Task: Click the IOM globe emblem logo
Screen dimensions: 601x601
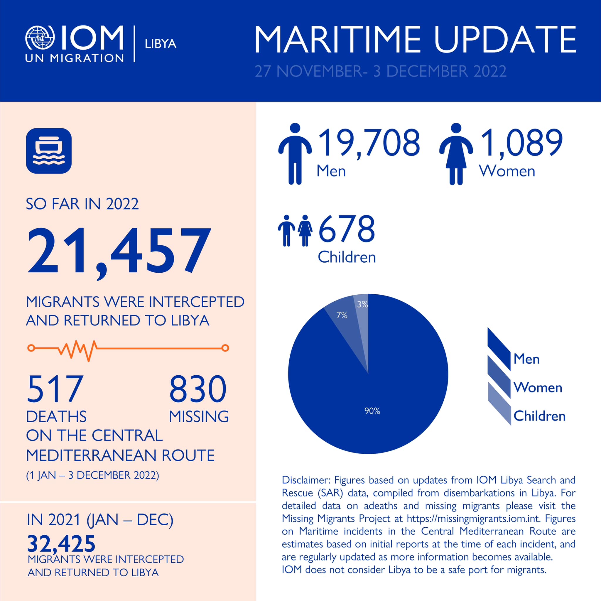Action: (x=40, y=38)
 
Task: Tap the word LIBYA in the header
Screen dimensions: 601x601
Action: (x=161, y=44)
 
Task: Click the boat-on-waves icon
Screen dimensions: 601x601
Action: (x=49, y=151)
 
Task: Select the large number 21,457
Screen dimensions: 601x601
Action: (x=119, y=251)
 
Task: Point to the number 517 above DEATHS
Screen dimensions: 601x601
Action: (x=55, y=389)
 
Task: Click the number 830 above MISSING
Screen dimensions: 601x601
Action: (x=198, y=389)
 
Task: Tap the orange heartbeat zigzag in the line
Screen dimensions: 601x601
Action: (x=78, y=350)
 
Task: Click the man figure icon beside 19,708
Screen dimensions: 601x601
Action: (x=295, y=154)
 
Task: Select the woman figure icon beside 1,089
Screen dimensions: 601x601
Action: (x=456, y=154)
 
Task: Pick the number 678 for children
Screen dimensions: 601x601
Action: (x=347, y=229)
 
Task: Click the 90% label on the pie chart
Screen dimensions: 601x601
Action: (x=372, y=411)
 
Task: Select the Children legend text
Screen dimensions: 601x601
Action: (x=539, y=416)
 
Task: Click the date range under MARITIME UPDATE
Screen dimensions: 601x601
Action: (x=380, y=71)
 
